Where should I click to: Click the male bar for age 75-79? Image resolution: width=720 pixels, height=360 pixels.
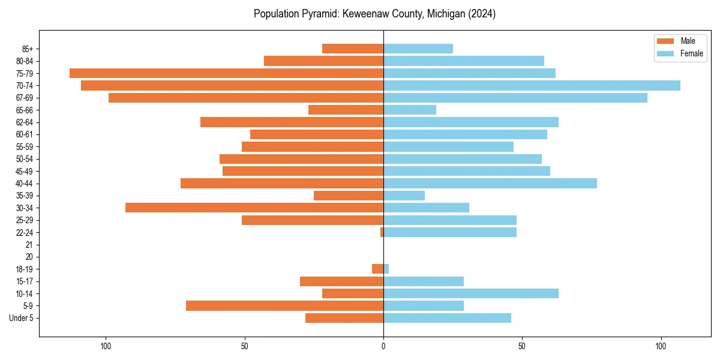click(226, 73)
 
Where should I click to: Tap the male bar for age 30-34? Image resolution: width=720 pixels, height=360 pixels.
click(254, 208)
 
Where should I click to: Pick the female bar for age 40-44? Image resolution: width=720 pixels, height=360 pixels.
click(490, 183)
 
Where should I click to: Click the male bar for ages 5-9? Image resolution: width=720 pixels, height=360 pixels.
click(284, 305)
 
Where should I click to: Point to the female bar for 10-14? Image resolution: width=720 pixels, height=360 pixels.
click(471, 293)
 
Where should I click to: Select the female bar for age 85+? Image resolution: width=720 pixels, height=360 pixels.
click(418, 49)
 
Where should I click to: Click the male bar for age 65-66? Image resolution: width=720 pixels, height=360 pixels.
click(346, 110)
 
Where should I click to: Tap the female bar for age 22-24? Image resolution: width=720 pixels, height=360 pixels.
click(450, 232)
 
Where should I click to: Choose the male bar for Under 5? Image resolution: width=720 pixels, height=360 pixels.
click(344, 318)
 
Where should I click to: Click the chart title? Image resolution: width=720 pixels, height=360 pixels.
click(374, 14)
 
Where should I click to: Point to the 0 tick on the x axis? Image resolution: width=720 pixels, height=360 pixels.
click(383, 346)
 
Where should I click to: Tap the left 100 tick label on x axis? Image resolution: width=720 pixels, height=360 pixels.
click(106, 346)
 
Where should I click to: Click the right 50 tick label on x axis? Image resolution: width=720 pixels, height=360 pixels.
click(522, 346)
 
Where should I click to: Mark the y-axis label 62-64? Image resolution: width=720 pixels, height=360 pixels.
click(25, 122)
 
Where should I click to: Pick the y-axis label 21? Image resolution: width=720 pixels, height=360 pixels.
click(29, 245)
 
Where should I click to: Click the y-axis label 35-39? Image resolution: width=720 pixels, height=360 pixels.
click(25, 196)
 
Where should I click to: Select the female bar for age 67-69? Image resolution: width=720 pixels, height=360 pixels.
click(515, 98)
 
